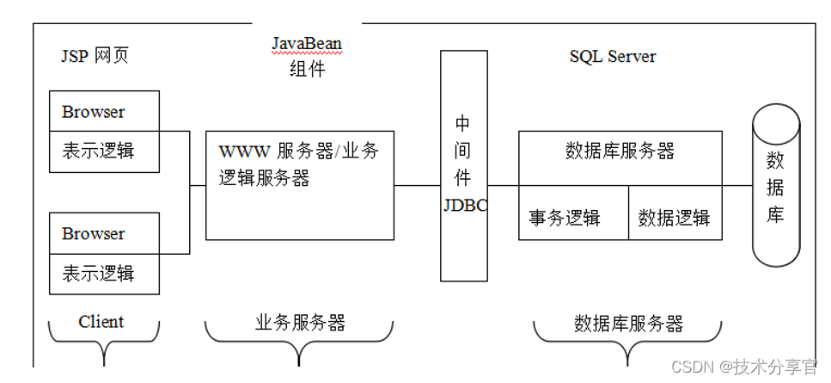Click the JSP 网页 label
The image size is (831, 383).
(x=95, y=57)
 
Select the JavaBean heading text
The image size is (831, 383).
(x=307, y=44)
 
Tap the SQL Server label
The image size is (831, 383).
(x=612, y=57)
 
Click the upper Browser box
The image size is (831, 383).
(x=104, y=113)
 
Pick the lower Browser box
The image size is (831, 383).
(x=104, y=234)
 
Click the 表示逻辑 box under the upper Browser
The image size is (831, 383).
(x=104, y=152)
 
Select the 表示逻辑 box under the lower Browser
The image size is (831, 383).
(x=104, y=275)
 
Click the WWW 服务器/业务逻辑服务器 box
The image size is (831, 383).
(x=299, y=185)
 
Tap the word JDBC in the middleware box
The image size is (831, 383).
(x=465, y=206)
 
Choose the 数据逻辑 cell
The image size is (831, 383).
(x=675, y=219)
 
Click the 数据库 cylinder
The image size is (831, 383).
(x=775, y=186)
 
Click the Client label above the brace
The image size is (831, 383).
(x=101, y=322)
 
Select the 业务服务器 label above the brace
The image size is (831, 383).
(x=300, y=323)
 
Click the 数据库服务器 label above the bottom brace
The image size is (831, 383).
(x=628, y=324)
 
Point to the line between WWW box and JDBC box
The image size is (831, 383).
(x=417, y=185)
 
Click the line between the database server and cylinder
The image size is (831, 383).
(x=736, y=185)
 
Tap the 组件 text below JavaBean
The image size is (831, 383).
(x=307, y=69)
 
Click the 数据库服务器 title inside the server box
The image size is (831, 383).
(x=620, y=151)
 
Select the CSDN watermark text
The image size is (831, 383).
(x=744, y=367)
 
